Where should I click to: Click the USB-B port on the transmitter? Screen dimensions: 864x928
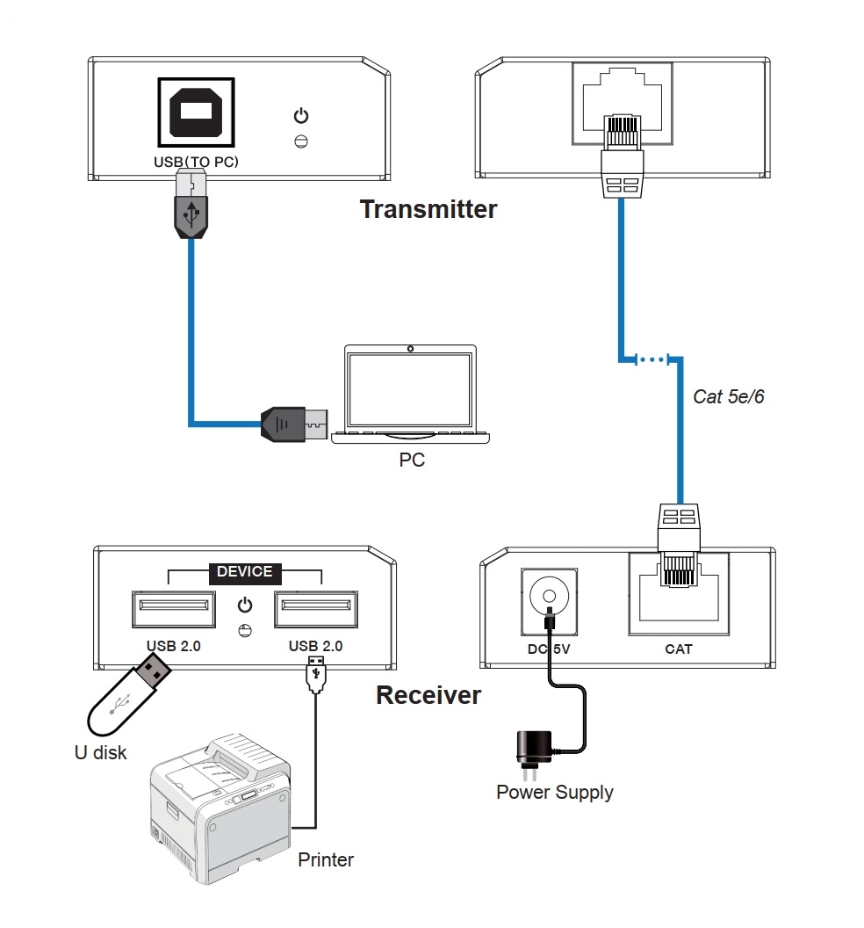[196, 112]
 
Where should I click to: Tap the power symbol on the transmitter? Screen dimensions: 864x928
[301, 115]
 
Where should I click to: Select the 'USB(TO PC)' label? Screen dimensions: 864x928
[196, 162]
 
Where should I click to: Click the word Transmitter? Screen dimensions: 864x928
[428, 209]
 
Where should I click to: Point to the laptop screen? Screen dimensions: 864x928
[410, 389]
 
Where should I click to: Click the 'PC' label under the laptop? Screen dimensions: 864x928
[412, 460]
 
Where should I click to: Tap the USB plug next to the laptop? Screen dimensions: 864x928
[294, 424]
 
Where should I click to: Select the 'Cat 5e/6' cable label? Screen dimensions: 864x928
[728, 396]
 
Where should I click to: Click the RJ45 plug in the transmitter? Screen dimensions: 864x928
[623, 156]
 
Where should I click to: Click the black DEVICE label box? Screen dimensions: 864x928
[245, 572]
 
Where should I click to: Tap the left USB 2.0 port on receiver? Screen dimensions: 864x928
[173, 608]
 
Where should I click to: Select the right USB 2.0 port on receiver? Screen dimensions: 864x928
[316, 608]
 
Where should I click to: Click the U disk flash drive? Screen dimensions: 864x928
[128, 694]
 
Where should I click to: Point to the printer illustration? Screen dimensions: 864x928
[220, 808]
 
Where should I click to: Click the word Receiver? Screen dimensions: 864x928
[428, 695]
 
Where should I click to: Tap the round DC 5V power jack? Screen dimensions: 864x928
[549, 596]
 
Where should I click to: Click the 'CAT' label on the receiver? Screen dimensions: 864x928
[679, 649]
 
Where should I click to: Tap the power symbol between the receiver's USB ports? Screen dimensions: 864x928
[245, 605]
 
